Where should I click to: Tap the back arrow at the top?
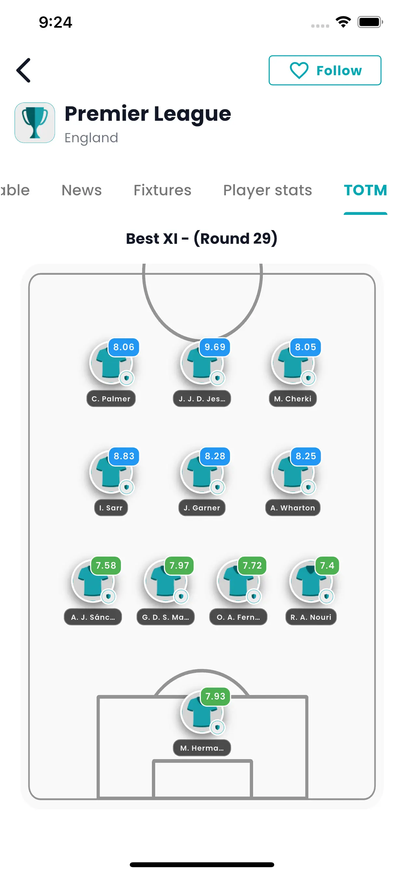point(23,70)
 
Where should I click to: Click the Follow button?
point(325,70)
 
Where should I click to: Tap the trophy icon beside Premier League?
point(34,123)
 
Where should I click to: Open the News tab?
point(81,190)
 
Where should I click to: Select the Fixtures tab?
point(162,190)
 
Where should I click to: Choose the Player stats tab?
point(267,190)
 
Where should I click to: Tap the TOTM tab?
point(365,190)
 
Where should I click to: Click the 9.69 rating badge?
point(215,347)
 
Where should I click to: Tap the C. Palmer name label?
point(111,399)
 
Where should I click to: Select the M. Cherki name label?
point(293,399)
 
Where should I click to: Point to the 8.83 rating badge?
point(124,456)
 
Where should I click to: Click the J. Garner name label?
point(202,508)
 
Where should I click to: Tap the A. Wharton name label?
point(293,508)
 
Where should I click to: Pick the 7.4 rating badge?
point(327,565)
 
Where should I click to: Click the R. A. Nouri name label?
point(311,617)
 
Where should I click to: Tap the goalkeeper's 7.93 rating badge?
point(215,696)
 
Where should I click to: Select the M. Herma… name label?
point(202,748)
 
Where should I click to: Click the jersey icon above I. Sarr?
point(111,472)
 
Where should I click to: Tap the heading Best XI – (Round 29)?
point(202,239)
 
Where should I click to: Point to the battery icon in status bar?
point(370,22)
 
